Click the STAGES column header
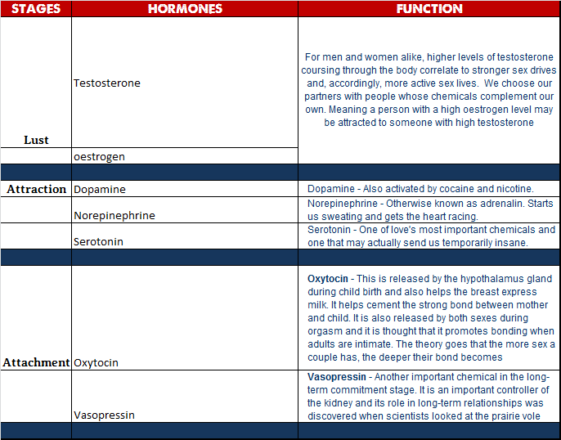(x=36, y=9)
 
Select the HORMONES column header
(x=185, y=9)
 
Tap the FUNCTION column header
(x=429, y=9)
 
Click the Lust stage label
(x=36, y=140)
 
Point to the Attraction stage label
(x=37, y=189)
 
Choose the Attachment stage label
(x=36, y=362)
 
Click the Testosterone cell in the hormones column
(x=107, y=83)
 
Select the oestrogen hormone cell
(x=99, y=156)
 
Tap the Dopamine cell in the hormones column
(x=100, y=189)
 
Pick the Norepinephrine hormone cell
(x=114, y=216)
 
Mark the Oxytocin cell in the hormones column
(x=96, y=362)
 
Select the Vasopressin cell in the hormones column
(x=104, y=415)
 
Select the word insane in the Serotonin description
(x=512, y=243)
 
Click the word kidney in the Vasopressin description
(x=345, y=402)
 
